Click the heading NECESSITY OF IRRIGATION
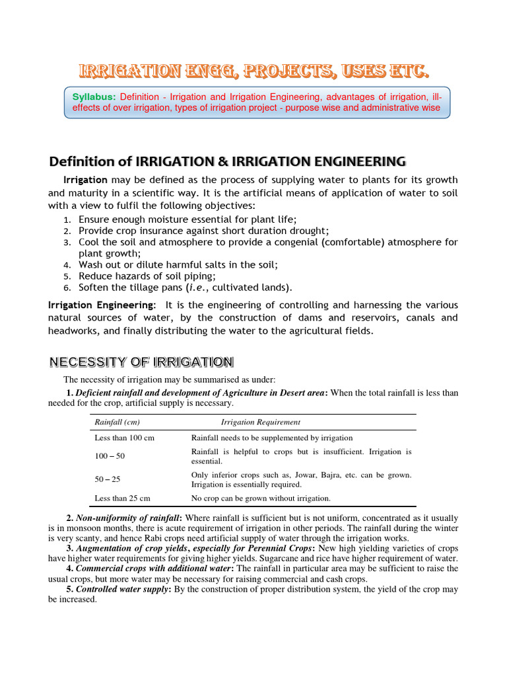click(x=141, y=362)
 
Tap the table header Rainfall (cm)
click(x=117, y=422)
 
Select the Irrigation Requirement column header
click(x=260, y=422)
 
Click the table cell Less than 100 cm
click(x=124, y=438)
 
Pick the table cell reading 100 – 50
click(x=110, y=457)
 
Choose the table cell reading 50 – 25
click(x=108, y=479)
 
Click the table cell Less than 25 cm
click(x=122, y=498)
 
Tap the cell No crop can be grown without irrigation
click(x=260, y=498)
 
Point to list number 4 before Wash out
click(x=67, y=264)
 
